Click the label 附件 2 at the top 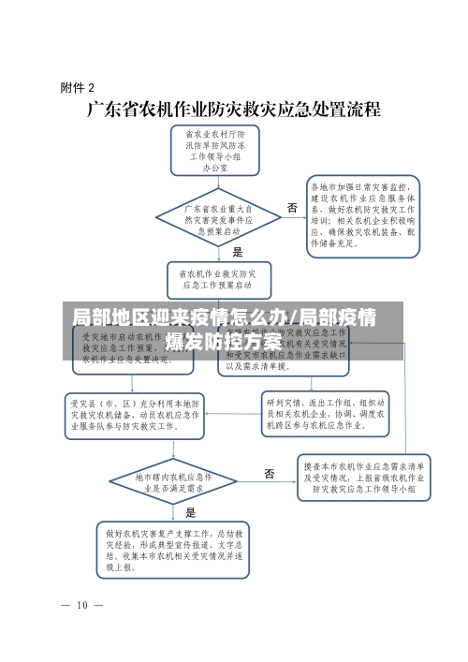click(x=78, y=88)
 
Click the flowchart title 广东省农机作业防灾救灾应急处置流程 click(x=234, y=110)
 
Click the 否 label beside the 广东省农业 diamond click(x=292, y=208)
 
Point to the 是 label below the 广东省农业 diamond click(x=238, y=252)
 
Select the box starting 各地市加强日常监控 click(x=365, y=214)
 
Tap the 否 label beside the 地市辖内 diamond click(x=270, y=474)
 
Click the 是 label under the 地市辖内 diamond click(x=192, y=513)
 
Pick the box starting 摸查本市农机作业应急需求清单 click(x=366, y=476)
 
